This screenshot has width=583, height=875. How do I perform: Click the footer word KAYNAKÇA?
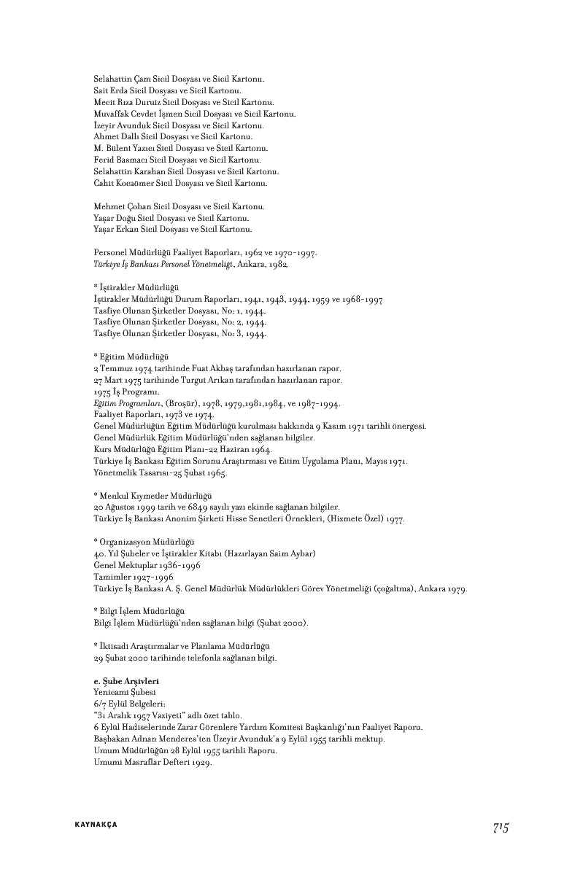[x=96, y=825]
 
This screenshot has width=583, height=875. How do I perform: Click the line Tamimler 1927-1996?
[x=132, y=577]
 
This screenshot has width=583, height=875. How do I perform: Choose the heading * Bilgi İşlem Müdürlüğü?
[x=139, y=611]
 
